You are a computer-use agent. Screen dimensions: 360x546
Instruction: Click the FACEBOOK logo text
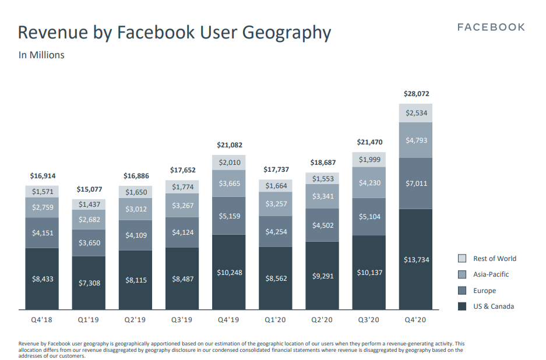[x=491, y=27]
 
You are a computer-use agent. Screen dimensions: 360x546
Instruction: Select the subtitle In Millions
[x=41, y=55]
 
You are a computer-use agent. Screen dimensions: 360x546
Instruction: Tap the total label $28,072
[x=416, y=93]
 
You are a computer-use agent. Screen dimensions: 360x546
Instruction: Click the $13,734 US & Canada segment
[x=416, y=259]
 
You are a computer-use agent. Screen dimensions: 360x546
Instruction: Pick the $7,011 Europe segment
[x=416, y=183]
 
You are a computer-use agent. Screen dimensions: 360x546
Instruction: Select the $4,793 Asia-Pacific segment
[x=416, y=140]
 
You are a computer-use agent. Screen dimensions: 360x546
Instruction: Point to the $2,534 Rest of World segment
[x=416, y=113]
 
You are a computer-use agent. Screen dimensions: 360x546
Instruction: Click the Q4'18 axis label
[x=42, y=320]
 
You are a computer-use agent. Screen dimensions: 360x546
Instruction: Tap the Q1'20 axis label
[x=275, y=320]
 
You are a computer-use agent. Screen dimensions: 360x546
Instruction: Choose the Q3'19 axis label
[x=182, y=320]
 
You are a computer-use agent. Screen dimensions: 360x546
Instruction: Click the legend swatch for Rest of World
[x=462, y=259]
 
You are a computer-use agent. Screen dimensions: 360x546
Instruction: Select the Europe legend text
[x=484, y=291]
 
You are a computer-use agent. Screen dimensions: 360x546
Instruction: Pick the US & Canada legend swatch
[x=462, y=306]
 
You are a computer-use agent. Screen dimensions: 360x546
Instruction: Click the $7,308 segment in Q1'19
[x=89, y=283]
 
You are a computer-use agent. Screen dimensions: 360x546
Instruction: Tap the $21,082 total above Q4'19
[x=229, y=144]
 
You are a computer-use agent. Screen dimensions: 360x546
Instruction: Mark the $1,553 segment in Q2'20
[x=322, y=179]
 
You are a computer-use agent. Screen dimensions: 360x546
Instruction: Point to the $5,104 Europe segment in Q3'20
[x=369, y=216]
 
